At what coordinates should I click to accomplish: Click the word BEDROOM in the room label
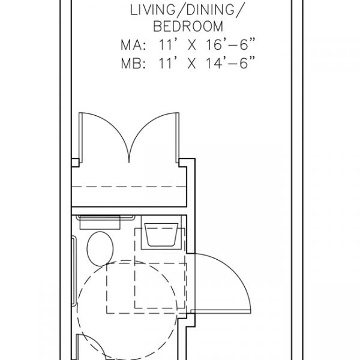coord(188,26)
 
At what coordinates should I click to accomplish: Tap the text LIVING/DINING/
coord(186,10)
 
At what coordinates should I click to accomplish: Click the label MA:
coord(133,45)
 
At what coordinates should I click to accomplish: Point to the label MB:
coord(133,64)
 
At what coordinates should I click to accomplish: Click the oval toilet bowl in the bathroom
coord(100,249)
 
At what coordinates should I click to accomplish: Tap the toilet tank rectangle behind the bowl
coord(100,223)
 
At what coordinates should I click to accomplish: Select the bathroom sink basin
coord(161,235)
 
